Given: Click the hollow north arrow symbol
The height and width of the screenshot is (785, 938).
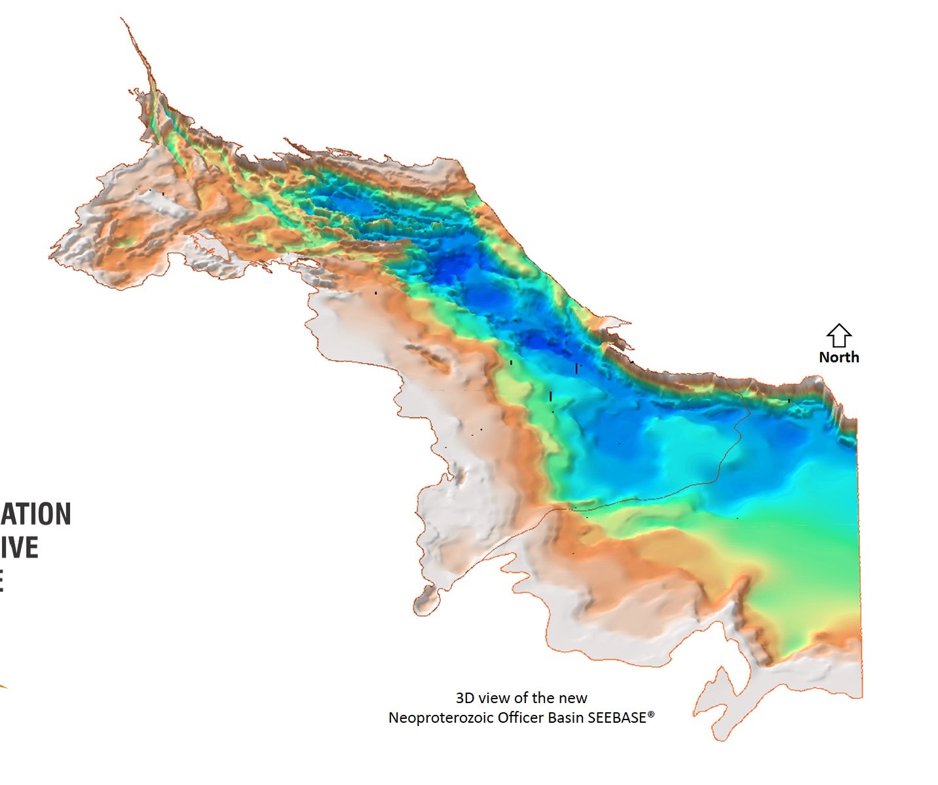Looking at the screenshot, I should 838,335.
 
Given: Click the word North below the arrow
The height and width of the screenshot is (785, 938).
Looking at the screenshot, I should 838,357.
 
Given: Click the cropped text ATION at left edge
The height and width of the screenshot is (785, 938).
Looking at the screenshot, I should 35,514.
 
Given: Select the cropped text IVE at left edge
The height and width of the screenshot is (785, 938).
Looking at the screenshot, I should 20,548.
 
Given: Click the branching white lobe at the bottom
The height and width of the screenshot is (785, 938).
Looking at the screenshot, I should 721,701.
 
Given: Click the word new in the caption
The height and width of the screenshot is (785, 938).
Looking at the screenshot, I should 574,698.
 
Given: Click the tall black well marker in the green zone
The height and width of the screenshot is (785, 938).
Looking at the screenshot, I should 550,396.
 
